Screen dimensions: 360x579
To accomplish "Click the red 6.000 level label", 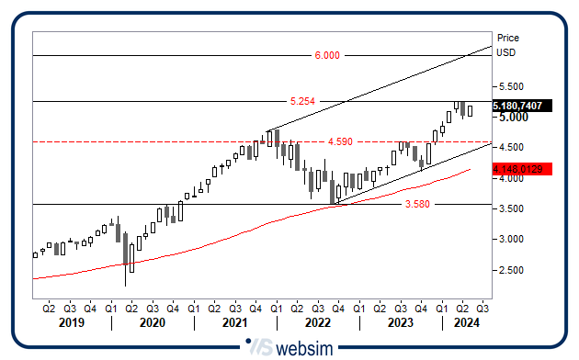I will click(327, 55).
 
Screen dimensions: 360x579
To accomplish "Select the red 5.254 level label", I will click(302, 100).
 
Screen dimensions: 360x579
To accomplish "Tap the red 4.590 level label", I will click(340, 142).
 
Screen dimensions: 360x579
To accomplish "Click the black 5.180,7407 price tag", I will click(517, 107).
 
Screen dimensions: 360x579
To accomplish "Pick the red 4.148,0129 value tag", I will click(517, 169).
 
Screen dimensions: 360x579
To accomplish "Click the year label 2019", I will click(70, 323).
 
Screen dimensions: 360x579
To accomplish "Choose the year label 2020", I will click(152, 323).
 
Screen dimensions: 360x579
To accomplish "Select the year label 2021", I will click(234, 323).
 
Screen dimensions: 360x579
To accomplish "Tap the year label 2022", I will click(317, 323).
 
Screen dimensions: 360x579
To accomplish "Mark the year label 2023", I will click(400, 323).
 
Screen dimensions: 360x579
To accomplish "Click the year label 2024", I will click(467, 323).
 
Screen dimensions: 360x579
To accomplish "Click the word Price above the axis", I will click(507, 38).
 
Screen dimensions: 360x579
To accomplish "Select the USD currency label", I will click(505, 52).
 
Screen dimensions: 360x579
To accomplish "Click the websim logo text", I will click(303, 348).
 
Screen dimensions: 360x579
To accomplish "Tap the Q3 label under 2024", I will click(482, 309).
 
